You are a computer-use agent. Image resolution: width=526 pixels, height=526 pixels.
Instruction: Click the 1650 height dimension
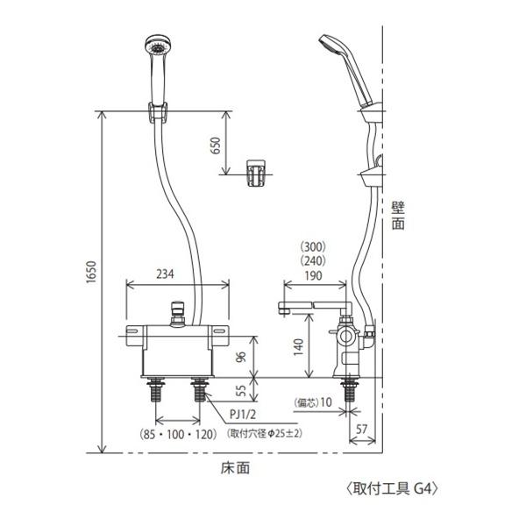(x=91, y=272)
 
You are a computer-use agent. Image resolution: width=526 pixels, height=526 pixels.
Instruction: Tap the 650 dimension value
(x=216, y=146)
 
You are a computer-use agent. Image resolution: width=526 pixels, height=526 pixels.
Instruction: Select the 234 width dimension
(x=166, y=274)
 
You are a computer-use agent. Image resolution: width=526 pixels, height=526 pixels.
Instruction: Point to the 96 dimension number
(x=242, y=356)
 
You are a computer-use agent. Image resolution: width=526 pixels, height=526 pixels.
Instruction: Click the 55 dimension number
(x=242, y=390)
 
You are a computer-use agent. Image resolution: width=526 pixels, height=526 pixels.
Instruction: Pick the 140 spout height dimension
(x=298, y=347)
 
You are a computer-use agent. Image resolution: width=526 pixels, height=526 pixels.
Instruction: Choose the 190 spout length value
(x=313, y=276)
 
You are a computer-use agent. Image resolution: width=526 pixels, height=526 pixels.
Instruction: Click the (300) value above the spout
(x=313, y=247)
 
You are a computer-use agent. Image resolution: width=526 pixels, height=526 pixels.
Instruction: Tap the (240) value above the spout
(x=313, y=260)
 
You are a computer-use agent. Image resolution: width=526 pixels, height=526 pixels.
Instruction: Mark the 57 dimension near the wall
(x=361, y=429)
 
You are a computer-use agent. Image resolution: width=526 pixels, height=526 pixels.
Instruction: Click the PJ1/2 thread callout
(x=243, y=415)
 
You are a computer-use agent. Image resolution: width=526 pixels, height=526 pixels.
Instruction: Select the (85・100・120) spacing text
(x=177, y=435)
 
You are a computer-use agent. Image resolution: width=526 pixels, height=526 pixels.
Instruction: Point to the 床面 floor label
(x=235, y=468)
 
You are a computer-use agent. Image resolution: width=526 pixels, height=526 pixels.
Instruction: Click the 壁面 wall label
(x=398, y=216)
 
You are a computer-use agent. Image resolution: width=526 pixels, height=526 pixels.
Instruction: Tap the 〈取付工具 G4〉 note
(x=392, y=489)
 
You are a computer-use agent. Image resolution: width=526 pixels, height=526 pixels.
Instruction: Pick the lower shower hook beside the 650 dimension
(x=256, y=173)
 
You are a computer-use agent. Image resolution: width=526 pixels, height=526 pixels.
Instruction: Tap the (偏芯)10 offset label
(x=313, y=402)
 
